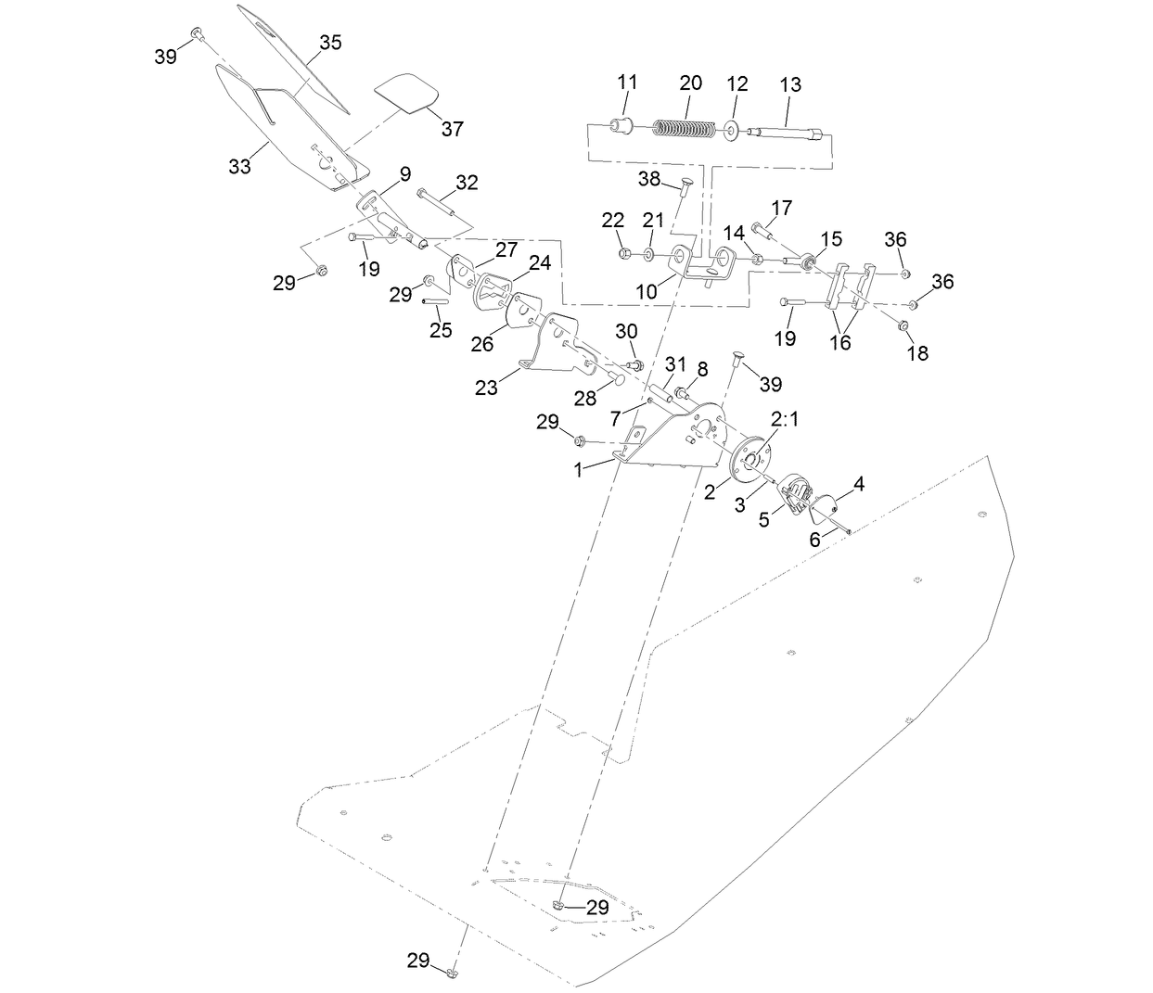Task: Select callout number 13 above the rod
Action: [x=790, y=84]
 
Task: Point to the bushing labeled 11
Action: [x=621, y=125]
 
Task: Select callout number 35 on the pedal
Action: [x=330, y=43]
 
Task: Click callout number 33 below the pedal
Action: [x=239, y=167]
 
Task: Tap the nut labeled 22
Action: [x=623, y=252]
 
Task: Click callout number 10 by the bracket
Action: [x=646, y=291]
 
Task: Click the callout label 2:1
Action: [x=785, y=420]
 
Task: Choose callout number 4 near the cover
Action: [x=859, y=483]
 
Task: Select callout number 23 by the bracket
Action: [x=486, y=388]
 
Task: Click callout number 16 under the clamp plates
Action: [x=839, y=343]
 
